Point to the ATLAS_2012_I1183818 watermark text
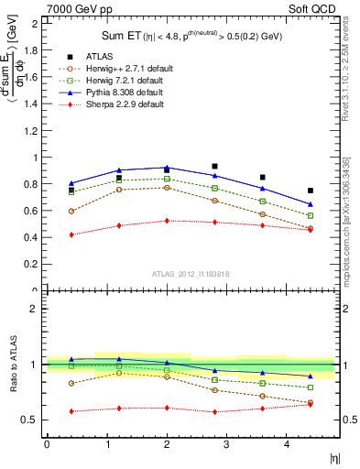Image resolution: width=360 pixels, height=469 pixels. [x=190, y=274]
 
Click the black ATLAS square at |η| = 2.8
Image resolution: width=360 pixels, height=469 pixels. [x=214, y=167]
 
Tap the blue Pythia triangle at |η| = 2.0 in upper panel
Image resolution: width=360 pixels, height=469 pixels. [x=167, y=168]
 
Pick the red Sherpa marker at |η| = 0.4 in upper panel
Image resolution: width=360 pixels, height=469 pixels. [x=71, y=234]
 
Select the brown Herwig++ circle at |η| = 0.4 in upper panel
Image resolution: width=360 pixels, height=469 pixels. [x=71, y=211]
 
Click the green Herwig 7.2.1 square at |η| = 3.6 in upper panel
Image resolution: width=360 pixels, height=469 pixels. [x=262, y=201]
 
